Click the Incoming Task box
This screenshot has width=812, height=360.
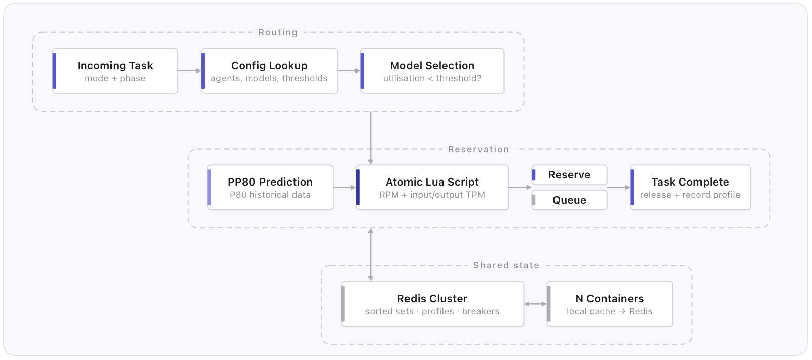pos(115,71)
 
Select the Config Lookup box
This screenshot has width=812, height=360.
pos(269,71)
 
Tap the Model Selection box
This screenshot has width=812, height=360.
pos(432,71)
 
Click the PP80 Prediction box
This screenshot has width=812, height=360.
pos(270,188)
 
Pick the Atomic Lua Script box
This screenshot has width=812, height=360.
pos(432,188)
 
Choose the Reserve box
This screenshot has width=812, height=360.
pos(569,175)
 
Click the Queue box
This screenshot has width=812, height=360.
pos(569,200)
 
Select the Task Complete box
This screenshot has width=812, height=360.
pos(690,188)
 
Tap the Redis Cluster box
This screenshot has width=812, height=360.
pos(432,304)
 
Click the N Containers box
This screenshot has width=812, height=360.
pos(610,304)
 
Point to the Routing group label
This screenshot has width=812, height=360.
pos(278,32)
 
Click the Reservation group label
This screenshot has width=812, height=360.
pos(478,149)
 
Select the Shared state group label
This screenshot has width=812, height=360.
pos(506,265)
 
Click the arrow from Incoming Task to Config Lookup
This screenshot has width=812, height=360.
pos(190,71)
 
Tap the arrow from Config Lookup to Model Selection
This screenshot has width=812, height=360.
pos(349,71)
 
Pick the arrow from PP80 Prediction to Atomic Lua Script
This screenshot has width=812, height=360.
pos(345,188)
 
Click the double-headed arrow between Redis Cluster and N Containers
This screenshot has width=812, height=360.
pos(535,304)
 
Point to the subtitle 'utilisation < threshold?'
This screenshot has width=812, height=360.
pos(432,79)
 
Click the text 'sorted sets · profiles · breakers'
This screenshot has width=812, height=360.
pos(432,312)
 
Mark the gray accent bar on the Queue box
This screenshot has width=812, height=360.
pos(534,200)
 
